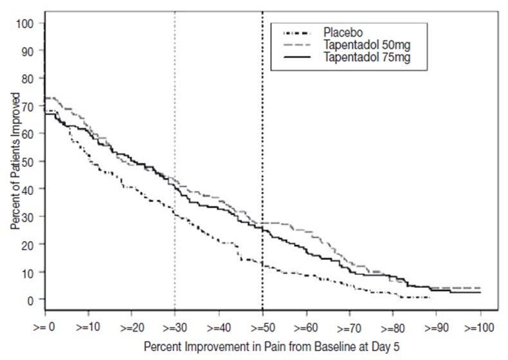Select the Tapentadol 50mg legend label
[365, 44]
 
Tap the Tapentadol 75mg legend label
[365, 57]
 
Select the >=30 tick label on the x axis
[175, 327]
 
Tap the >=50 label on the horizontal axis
[262, 327]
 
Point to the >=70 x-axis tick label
[350, 327]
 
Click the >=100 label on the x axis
[480, 327]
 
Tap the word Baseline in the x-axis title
[327, 346]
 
